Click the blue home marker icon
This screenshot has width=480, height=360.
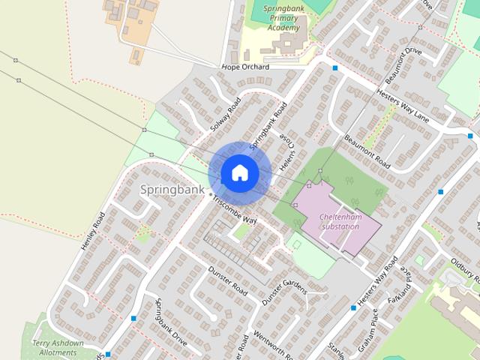(239, 173)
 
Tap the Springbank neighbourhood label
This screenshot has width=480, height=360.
(172, 190)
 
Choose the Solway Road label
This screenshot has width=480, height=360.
(224, 115)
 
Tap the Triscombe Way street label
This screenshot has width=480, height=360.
(235, 211)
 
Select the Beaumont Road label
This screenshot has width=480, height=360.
(367, 151)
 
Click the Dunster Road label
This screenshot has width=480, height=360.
(228, 280)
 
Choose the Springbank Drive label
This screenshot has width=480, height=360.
(170, 321)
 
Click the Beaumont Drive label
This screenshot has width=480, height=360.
(402, 65)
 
